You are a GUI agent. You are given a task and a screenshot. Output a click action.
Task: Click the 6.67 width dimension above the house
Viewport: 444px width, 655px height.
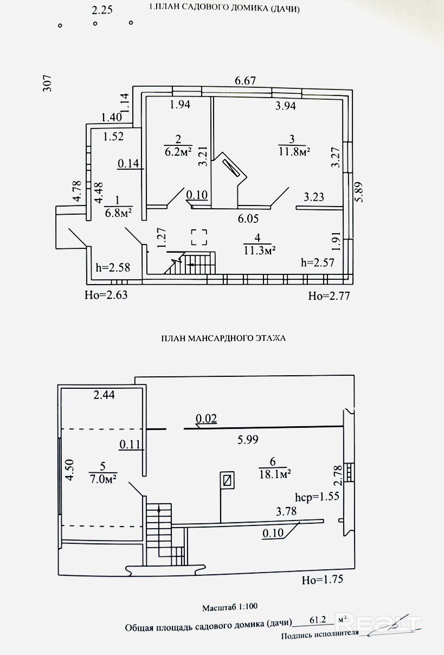(245, 80)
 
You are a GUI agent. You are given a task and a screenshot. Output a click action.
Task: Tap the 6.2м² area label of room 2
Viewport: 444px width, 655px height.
(178, 152)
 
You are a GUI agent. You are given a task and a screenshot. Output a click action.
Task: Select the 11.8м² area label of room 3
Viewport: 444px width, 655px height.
(294, 152)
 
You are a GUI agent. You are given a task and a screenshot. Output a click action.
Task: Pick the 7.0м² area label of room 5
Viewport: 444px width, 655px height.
(104, 479)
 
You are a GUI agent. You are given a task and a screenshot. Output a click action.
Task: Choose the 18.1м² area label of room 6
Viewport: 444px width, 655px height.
(275, 474)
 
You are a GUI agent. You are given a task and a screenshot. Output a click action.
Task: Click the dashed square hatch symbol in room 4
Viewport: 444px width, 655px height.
(200, 237)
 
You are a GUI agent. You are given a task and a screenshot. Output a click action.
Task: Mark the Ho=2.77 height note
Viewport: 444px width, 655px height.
(329, 296)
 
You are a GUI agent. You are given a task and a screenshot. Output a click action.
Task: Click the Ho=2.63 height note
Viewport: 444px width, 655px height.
(106, 295)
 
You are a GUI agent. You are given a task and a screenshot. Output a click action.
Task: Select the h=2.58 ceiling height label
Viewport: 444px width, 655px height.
(113, 267)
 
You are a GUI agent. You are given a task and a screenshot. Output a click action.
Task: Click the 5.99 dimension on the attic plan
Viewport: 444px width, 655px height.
(248, 440)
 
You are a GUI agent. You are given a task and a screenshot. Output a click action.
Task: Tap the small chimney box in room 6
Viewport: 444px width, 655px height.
(227, 480)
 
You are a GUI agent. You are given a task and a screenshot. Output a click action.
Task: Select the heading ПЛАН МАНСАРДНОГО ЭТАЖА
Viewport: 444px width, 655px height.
(223, 338)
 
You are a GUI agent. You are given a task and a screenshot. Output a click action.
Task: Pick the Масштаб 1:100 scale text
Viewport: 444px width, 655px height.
(230, 607)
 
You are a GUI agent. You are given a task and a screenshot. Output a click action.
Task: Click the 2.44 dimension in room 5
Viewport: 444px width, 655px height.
(104, 395)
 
